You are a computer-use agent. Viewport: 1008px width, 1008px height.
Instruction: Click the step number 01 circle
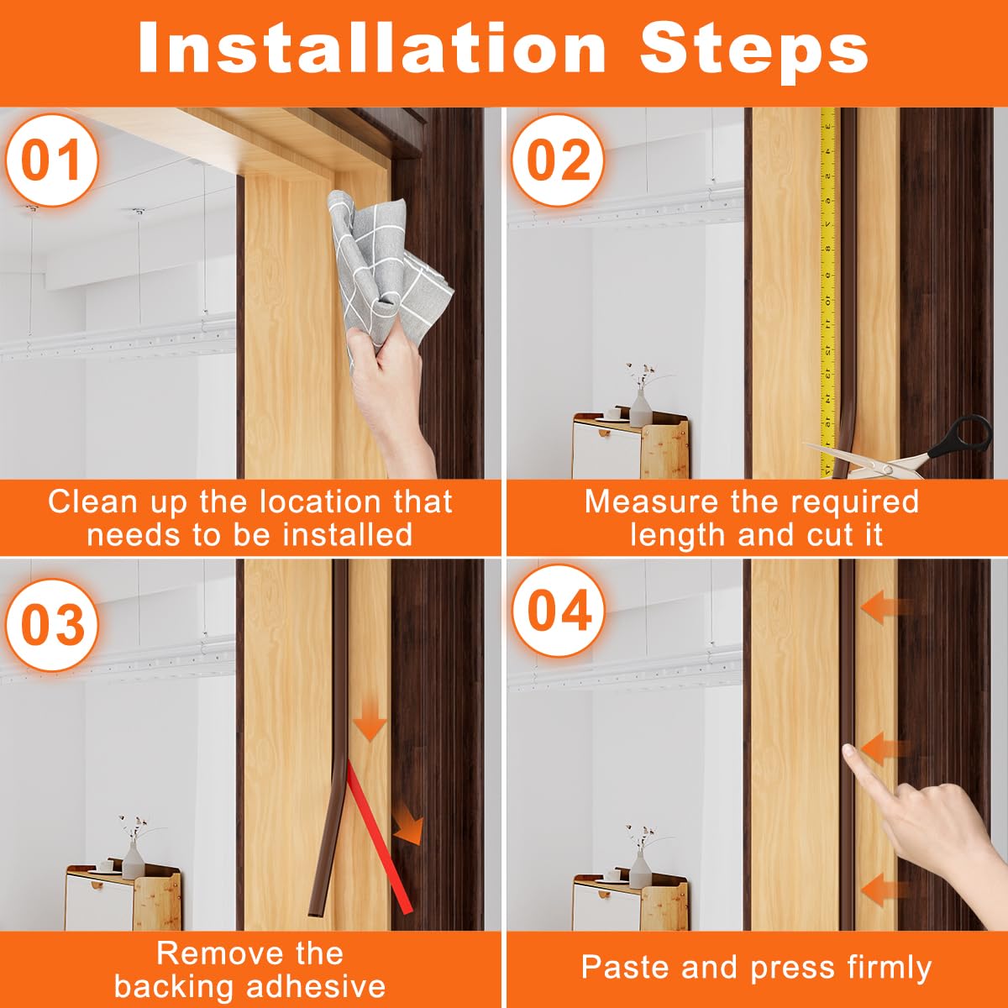(52, 160)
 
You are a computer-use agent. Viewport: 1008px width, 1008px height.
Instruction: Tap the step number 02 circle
(558, 160)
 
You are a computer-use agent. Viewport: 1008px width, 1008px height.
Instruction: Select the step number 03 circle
(52, 624)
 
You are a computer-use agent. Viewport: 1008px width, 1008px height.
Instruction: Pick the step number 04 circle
(558, 611)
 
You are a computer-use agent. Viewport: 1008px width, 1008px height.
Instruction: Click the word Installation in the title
(372, 49)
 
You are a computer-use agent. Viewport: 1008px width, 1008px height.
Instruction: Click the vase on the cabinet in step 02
(641, 408)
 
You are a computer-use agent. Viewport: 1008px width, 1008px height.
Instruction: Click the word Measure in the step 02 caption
(651, 501)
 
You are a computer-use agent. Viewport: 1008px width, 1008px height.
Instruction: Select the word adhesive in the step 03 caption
(316, 986)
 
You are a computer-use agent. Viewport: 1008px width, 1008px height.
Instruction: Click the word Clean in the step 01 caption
(93, 501)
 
